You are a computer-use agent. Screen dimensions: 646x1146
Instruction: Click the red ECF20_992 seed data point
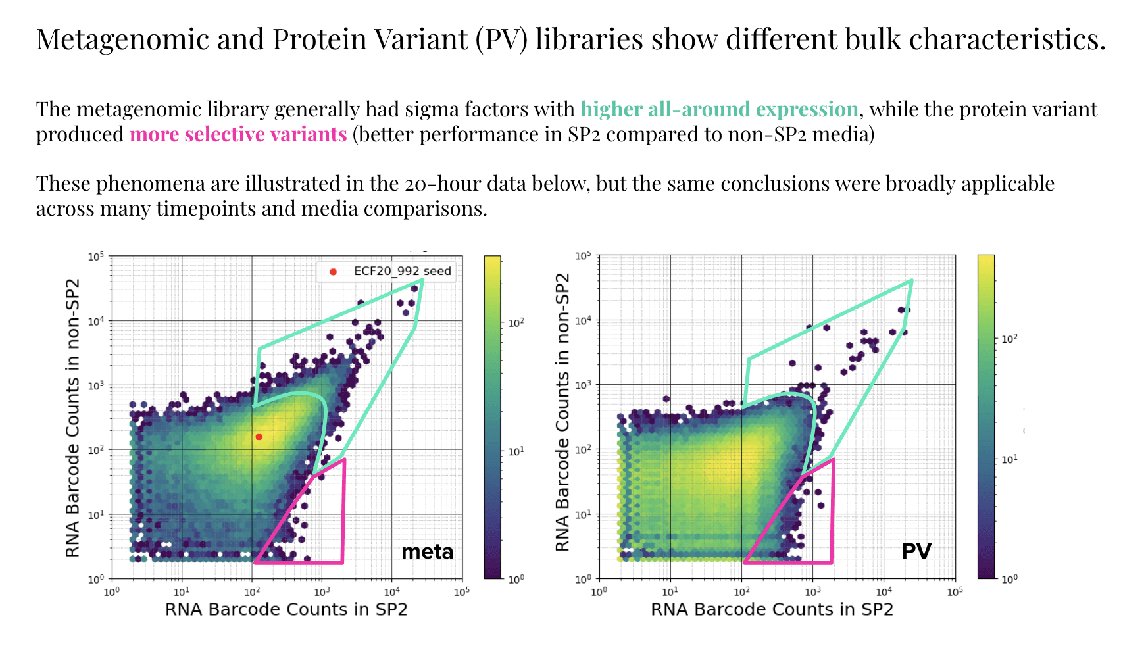(259, 437)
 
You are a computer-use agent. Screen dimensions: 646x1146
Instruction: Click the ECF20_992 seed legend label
(402, 271)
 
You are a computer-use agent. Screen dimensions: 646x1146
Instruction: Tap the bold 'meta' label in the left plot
(427, 551)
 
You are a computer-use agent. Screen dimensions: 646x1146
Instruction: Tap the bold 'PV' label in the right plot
(916, 551)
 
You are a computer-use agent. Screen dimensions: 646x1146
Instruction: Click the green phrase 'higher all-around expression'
(719, 109)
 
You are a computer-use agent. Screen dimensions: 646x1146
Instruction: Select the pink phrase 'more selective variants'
(238, 134)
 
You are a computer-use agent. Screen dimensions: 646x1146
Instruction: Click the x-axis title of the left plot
(286, 609)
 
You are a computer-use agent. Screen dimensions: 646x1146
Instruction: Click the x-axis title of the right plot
(772, 609)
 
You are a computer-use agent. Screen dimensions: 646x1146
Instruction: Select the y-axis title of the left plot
(72, 418)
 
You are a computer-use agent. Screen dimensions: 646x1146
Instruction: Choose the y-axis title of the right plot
(562, 412)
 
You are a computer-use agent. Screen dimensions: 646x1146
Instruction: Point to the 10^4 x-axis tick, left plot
(391, 591)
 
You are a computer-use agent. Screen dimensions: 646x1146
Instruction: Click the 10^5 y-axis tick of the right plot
(583, 255)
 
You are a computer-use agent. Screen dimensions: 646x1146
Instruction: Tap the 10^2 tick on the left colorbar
(516, 322)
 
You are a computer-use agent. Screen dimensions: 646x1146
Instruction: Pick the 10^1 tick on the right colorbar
(1009, 459)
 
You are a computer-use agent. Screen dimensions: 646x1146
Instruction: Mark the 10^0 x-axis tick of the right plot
(599, 591)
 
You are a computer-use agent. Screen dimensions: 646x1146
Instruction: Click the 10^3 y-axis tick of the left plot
(96, 385)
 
